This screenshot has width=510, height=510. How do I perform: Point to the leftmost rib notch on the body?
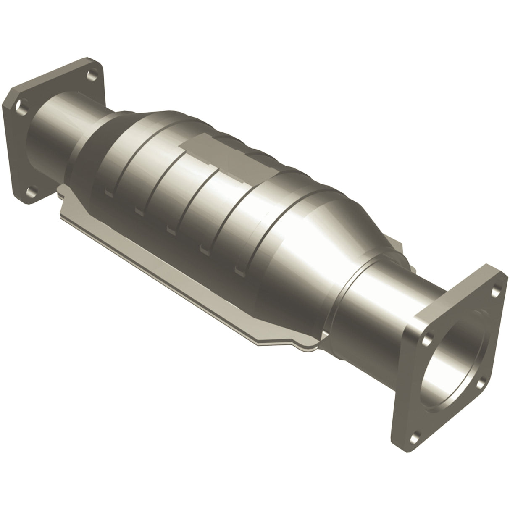pos(108,193)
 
